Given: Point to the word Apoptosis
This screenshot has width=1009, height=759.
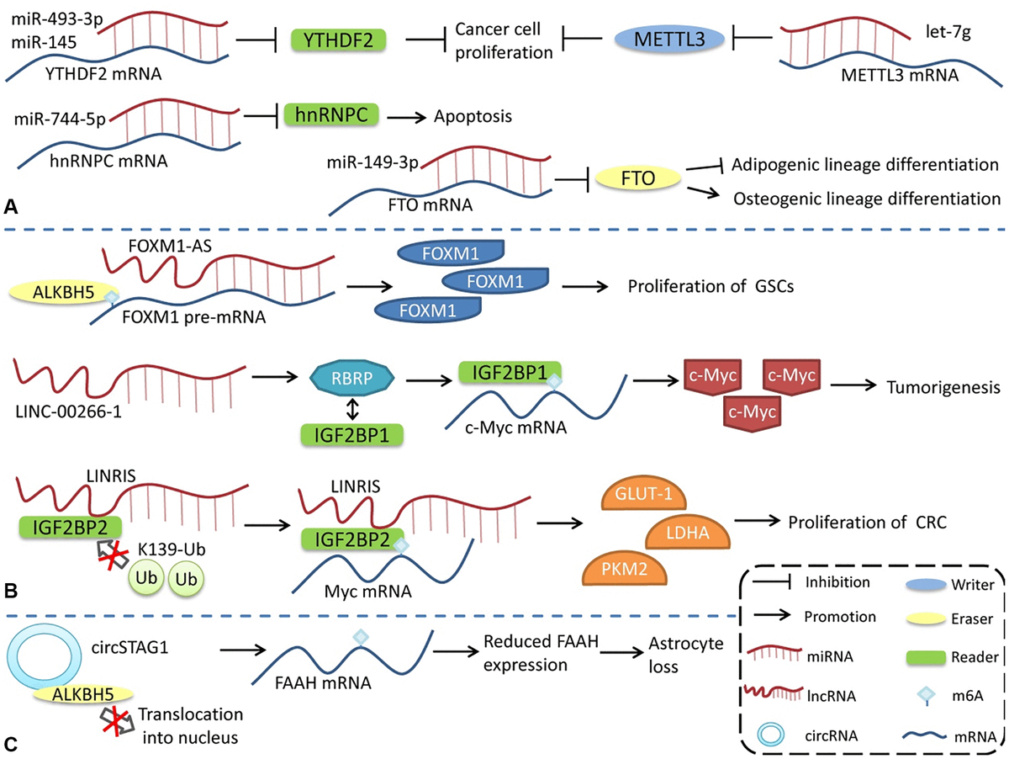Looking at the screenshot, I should pos(473,116).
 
